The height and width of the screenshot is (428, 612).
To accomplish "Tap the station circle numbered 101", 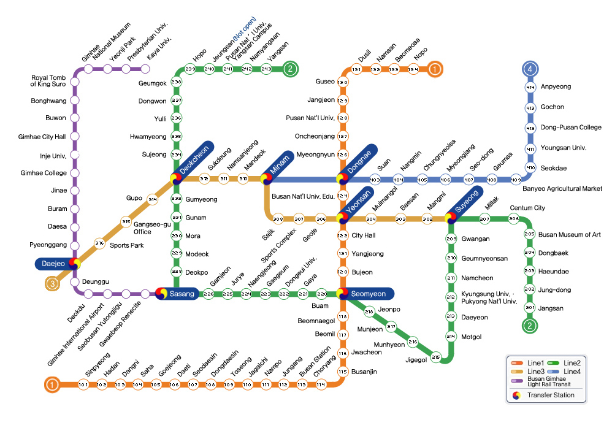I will point(83,385).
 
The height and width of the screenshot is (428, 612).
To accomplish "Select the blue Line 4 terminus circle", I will point(530,69).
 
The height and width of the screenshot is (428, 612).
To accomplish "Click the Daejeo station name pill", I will point(52,264).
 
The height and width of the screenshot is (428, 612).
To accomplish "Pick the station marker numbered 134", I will point(413,69).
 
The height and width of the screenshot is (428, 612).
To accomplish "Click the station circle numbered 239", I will point(190,69).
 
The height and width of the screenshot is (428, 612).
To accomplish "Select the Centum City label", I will point(527,208).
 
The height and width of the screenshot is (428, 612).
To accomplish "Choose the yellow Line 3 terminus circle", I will point(53,283).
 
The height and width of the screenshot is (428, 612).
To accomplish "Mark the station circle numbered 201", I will point(530,307).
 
